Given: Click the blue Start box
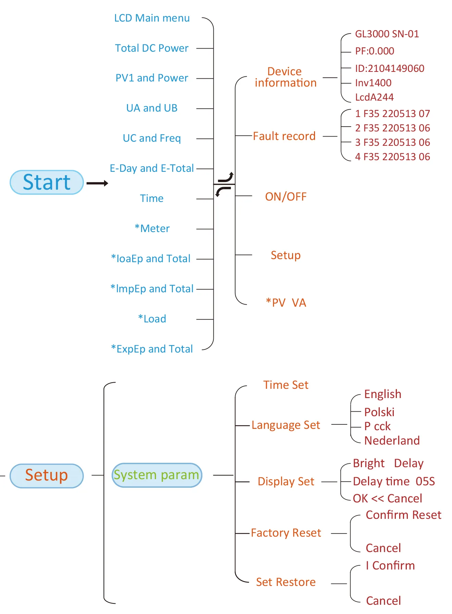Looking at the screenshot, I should pyautogui.click(x=47, y=182).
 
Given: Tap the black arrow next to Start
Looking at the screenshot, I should pyautogui.click(x=97, y=183).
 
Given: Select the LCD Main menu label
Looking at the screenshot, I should pyautogui.click(x=152, y=18).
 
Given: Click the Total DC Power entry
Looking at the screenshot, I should pyautogui.click(x=152, y=48).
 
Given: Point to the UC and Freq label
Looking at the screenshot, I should pyautogui.click(x=152, y=138).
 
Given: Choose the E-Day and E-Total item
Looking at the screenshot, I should pyautogui.click(x=152, y=168).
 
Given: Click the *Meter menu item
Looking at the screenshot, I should pyautogui.click(x=152, y=229).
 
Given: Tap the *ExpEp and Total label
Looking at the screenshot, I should pyautogui.click(x=152, y=349).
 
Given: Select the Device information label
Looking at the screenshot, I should pyautogui.click(x=285, y=77).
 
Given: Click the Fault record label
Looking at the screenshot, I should pyautogui.click(x=284, y=136).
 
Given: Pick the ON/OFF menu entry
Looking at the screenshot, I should pyautogui.click(x=286, y=197).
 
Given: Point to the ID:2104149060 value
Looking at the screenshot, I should pyautogui.click(x=389, y=68).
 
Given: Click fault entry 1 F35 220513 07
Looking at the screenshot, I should pyautogui.click(x=392, y=114).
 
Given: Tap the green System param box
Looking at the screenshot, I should pyautogui.click(x=157, y=475).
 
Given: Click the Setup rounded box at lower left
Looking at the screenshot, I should pyautogui.click(x=47, y=475).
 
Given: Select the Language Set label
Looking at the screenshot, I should pyautogui.click(x=286, y=425).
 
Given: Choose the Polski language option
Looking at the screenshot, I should pyautogui.click(x=379, y=412).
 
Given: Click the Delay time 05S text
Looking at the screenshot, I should pyautogui.click(x=394, y=482).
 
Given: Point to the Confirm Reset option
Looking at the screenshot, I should pyautogui.click(x=403, y=515).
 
